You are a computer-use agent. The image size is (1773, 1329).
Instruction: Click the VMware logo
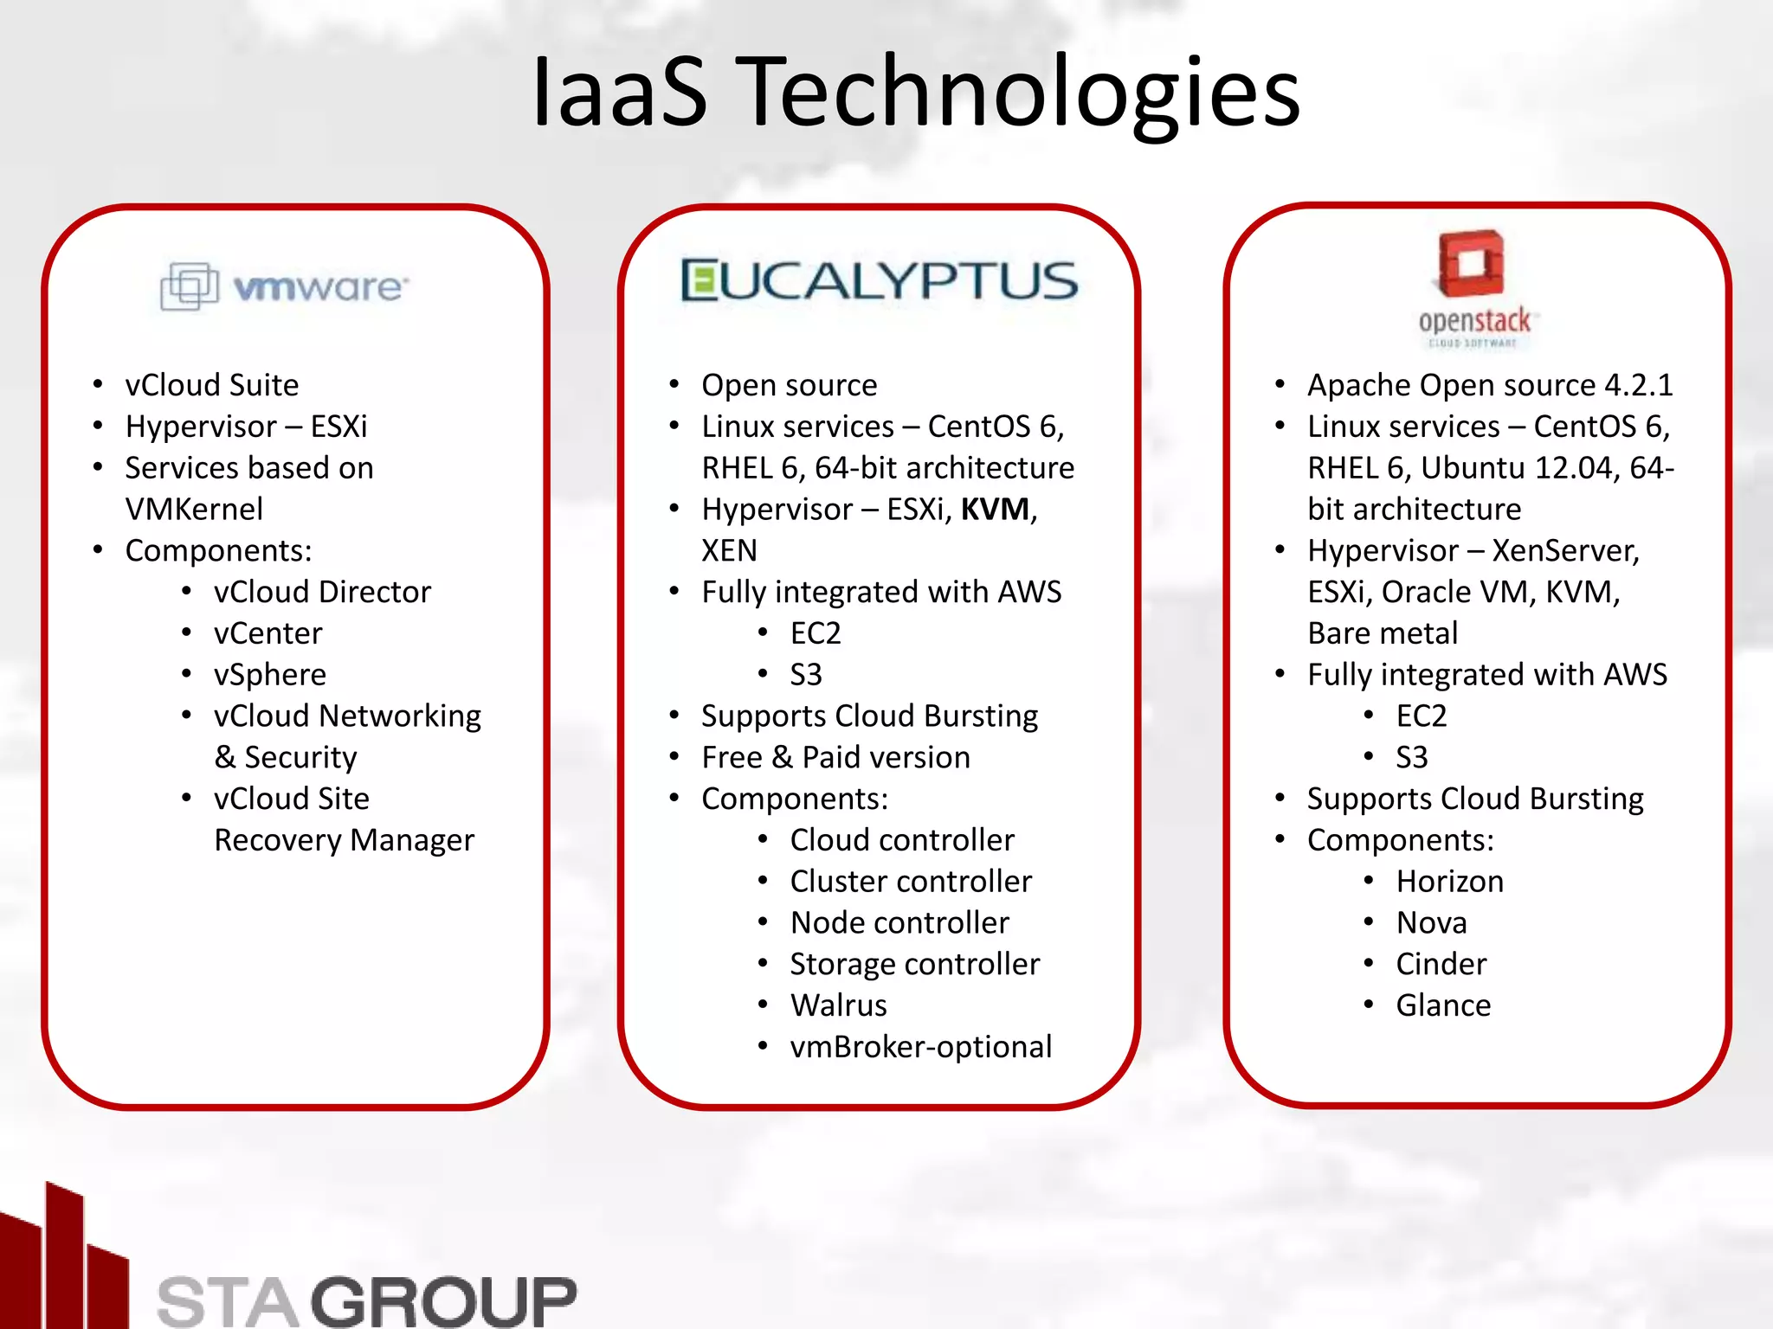[x=284, y=286]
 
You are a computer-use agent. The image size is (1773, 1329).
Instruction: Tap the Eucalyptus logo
[x=880, y=281]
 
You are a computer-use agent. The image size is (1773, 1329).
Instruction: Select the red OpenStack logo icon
[x=1471, y=263]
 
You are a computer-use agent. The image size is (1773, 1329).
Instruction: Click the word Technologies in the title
[x=1022, y=92]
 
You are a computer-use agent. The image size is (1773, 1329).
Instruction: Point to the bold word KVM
[x=995, y=510]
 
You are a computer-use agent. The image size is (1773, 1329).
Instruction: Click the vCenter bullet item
[x=268, y=633]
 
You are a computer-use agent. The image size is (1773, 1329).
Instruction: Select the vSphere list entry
[x=270, y=675]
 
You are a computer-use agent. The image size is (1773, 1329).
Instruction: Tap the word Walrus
[x=838, y=1005]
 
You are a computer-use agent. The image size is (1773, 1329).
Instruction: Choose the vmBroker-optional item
[x=920, y=1047]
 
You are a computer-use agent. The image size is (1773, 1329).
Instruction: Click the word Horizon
[x=1449, y=882]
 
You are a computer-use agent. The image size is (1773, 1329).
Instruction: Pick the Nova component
[x=1431, y=923]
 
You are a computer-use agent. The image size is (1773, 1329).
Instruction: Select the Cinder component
[x=1441, y=964]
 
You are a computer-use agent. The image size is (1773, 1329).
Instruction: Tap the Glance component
[x=1443, y=1005]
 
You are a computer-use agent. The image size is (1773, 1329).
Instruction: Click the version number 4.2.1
[x=1638, y=385]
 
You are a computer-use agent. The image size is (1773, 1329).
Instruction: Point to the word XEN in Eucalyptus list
[x=729, y=550]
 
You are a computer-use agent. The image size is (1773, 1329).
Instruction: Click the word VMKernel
[x=194, y=510]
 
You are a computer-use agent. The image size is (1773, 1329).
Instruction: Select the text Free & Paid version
[x=835, y=758]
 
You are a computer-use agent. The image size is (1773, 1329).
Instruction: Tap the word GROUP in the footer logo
[x=443, y=1300]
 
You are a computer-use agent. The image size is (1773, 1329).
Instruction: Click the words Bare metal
[x=1383, y=633]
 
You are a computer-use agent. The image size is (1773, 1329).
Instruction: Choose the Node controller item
[x=899, y=923]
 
